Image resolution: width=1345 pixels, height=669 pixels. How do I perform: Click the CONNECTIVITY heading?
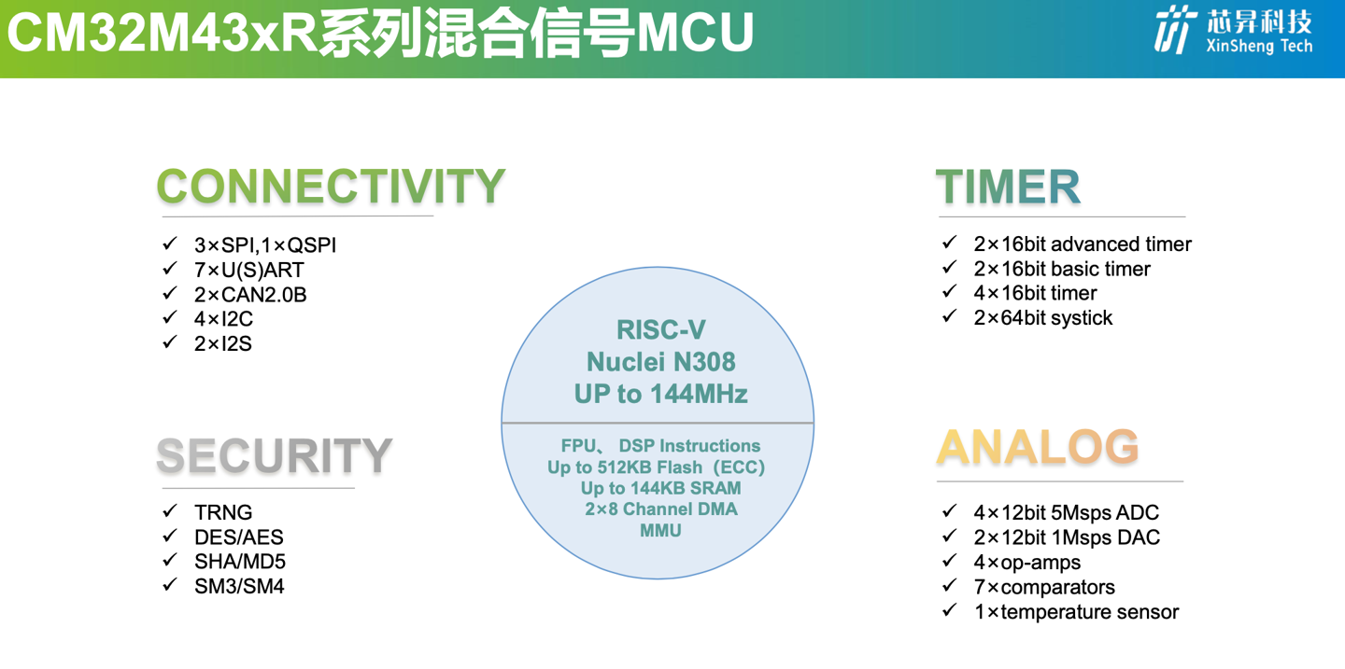tap(331, 187)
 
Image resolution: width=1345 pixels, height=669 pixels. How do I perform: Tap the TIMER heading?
tap(1008, 188)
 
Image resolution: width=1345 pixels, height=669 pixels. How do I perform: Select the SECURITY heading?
tap(274, 456)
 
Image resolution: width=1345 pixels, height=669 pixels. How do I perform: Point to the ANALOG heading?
tap(1038, 448)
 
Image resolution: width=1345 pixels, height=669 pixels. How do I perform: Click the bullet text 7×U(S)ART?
tap(249, 270)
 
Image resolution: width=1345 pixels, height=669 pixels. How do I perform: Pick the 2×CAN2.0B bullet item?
tap(250, 294)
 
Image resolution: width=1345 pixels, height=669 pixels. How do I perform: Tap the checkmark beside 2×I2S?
tap(170, 342)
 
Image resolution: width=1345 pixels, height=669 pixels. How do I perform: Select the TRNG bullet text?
tap(223, 512)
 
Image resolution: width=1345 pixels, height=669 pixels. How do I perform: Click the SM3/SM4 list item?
tap(239, 586)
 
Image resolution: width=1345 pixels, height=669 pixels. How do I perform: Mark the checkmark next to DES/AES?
tap(170, 536)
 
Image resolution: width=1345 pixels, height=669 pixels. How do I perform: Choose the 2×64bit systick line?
tap(1042, 317)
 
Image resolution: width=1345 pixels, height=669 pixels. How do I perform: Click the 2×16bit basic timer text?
tap(1062, 269)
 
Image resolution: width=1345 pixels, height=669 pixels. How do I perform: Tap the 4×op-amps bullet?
tap(1026, 562)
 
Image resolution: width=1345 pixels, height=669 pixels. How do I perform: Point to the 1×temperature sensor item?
tap(1076, 611)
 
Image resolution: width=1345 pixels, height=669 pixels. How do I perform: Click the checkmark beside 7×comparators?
tap(950, 586)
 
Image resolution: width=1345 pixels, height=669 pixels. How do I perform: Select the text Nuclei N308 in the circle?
tap(660, 361)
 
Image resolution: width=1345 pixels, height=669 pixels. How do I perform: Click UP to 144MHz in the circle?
tap(660, 394)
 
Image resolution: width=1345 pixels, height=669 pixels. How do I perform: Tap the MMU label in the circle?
tap(660, 530)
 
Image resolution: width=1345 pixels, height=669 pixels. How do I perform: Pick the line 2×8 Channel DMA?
tap(660, 509)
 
